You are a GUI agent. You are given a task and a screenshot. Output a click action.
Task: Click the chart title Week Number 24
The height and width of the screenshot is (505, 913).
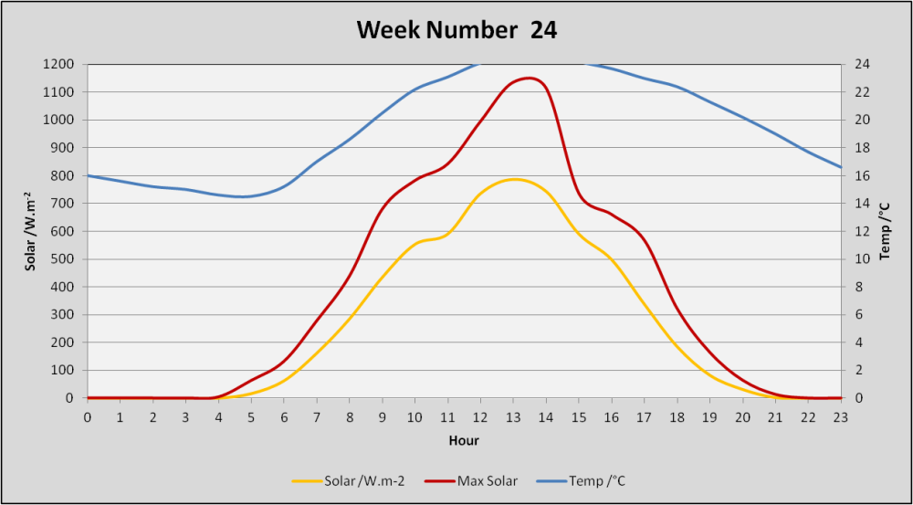(x=456, y=30)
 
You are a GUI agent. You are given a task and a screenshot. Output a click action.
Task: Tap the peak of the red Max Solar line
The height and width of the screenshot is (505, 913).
(x=529, y=78)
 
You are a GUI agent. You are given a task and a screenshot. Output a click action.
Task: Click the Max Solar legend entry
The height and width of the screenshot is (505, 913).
(x=471, y=480)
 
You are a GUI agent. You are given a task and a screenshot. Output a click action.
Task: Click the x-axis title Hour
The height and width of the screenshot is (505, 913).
(x=464, y=441)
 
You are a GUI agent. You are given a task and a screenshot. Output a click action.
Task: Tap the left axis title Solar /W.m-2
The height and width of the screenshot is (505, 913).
(x=28, y=231)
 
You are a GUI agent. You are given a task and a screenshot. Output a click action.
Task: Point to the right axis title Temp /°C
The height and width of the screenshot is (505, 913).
(x=885, y=231)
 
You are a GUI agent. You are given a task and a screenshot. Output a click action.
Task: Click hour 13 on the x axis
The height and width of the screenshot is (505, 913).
(x=513, y=417)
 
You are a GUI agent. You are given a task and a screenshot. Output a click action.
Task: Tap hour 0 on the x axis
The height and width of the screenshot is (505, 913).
(x=88, y=417)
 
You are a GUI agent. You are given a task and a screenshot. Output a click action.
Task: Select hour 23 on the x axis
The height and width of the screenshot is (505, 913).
(x=841, y=417)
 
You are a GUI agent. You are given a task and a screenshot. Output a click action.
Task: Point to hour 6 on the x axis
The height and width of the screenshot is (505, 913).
(x=284, y=417)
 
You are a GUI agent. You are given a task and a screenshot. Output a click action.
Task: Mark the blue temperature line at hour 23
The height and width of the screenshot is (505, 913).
(x=840, y=167)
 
